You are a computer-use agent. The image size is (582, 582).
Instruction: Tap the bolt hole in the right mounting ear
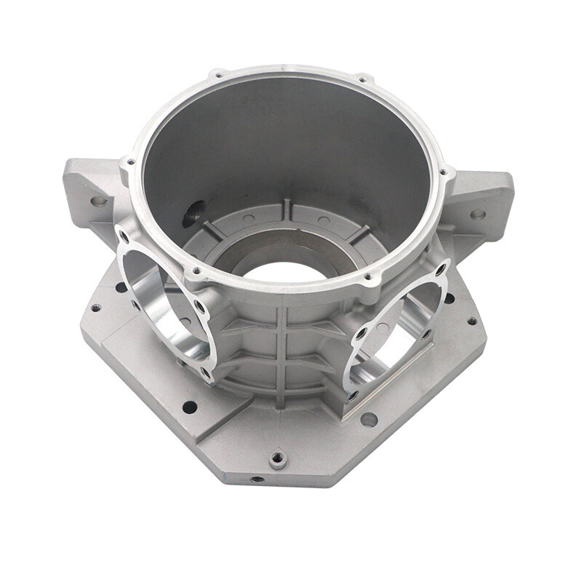[477, 215]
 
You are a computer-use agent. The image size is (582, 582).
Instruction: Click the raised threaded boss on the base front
[277, 459]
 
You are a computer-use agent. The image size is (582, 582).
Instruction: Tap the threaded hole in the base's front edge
[256, 480]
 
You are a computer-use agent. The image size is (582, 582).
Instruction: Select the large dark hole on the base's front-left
[189, 407]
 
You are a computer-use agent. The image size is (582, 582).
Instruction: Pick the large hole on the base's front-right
[370, 419]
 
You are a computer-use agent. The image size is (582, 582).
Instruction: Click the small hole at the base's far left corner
[95, 308]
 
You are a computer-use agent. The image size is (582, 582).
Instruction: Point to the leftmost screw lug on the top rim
[129, 162]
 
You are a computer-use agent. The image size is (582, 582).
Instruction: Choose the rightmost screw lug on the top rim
[443, 172]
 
